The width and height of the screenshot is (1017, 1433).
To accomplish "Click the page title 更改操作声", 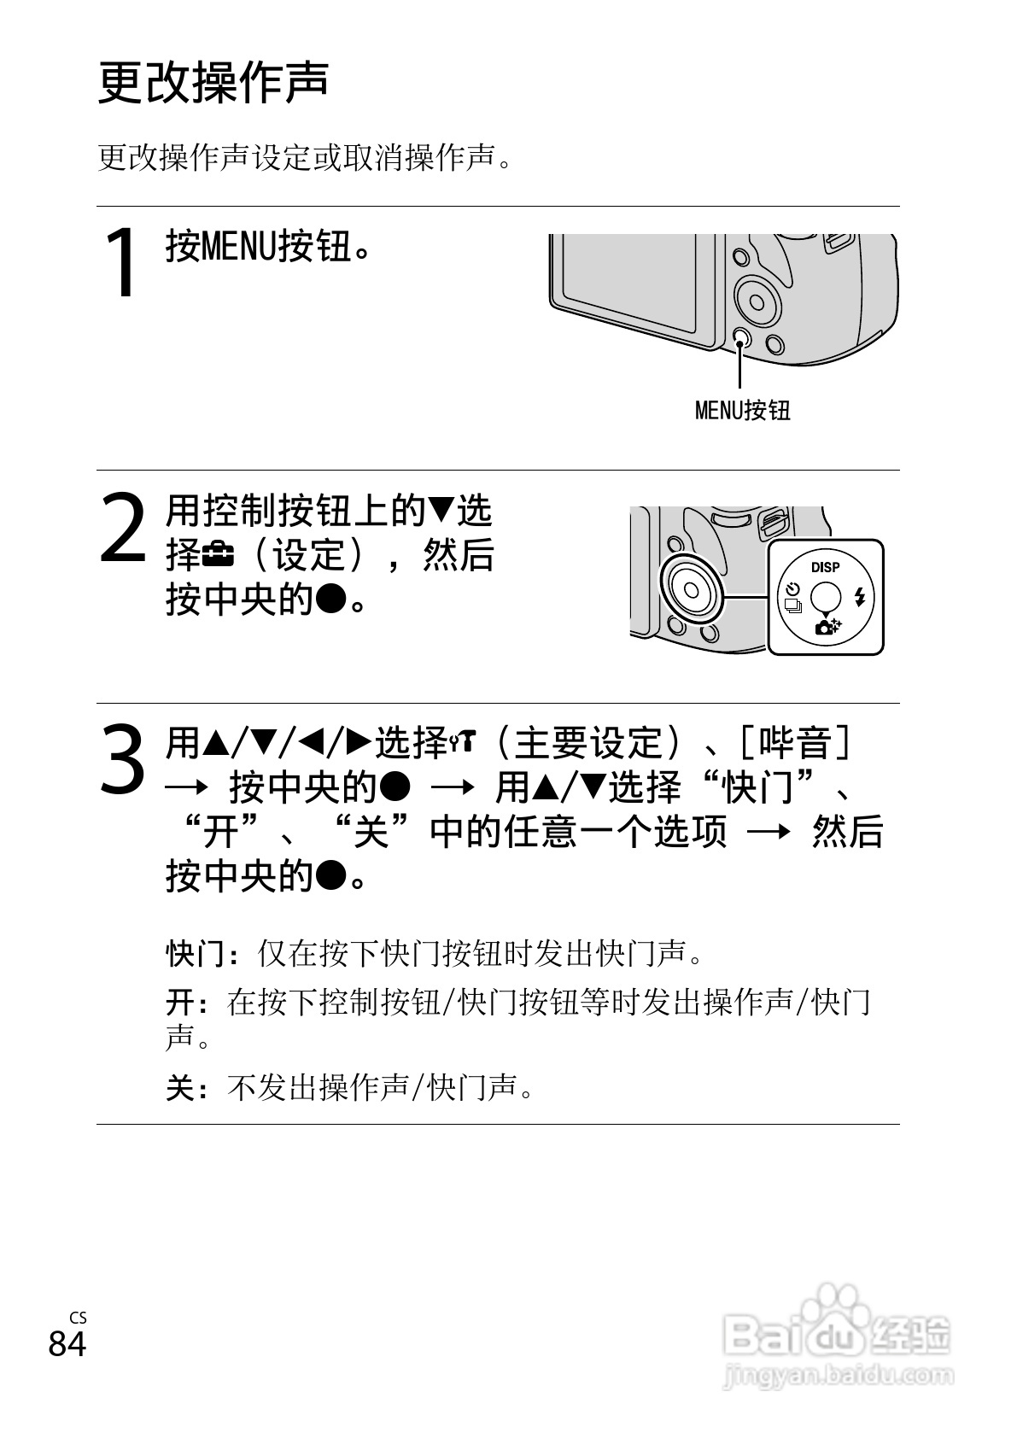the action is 213,83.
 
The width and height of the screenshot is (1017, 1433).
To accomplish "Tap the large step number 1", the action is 121,262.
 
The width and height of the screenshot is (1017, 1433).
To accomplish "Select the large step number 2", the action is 123,528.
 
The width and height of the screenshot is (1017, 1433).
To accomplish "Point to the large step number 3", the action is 122,759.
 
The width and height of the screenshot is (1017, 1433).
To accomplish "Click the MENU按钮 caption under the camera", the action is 743,410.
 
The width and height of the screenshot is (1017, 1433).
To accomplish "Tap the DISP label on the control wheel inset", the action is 825,567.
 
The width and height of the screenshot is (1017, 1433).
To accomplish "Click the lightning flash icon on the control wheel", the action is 860,597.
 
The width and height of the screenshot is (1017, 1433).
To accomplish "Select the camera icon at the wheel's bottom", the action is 827,627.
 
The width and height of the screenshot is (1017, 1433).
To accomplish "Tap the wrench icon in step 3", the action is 463,743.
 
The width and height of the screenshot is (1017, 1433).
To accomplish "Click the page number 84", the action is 67,1343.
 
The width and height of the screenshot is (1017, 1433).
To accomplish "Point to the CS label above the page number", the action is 78,1318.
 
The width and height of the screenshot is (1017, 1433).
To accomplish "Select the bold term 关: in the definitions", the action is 187,1087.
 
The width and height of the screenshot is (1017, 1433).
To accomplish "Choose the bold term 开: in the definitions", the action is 187,1002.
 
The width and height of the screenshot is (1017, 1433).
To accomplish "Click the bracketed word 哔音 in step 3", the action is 795,743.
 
